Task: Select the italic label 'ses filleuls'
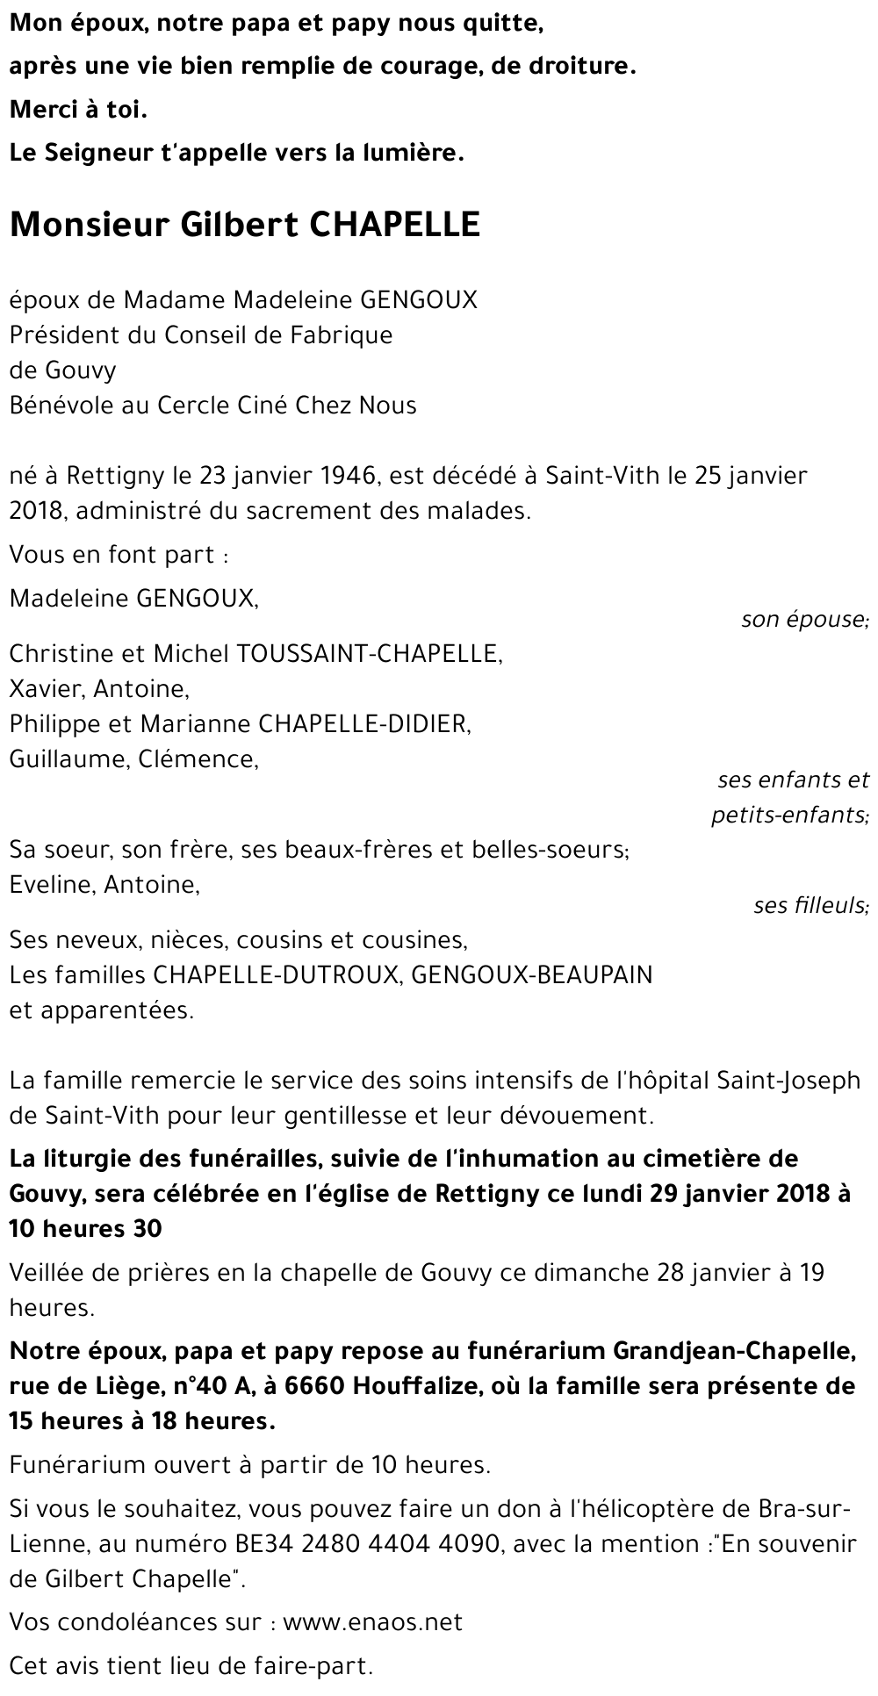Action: [x=810, y=905]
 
